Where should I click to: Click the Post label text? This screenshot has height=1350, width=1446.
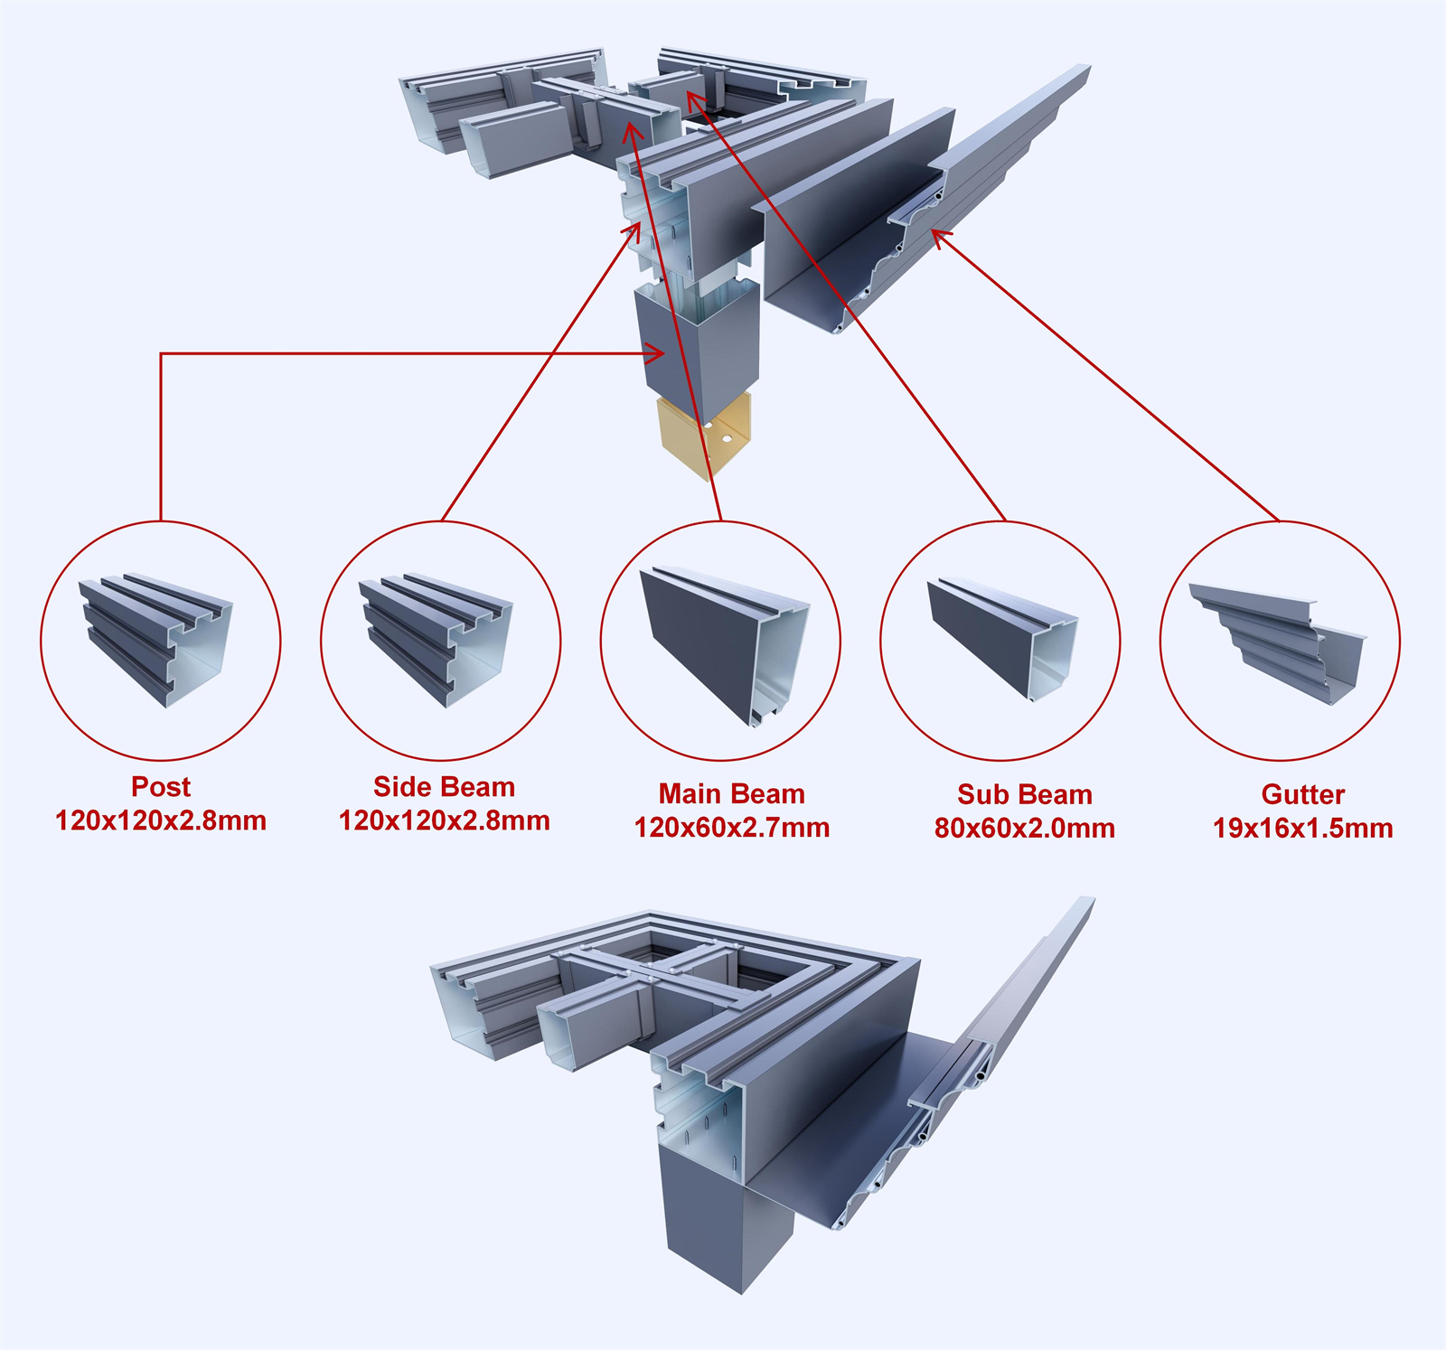tap(161, 787)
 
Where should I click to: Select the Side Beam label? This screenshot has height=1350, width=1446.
tap(444, 787)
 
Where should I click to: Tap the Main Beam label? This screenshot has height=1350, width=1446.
tap(731, 794)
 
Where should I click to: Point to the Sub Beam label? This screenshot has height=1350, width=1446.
tap(1024, 795)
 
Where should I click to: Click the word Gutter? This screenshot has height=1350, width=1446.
tap(1302, 795)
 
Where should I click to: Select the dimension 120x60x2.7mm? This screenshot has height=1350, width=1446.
tap(731, 828)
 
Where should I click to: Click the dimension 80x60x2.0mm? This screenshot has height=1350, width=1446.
tap(1024, 829)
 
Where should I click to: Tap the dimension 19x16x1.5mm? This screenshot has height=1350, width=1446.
tap(1302, 829)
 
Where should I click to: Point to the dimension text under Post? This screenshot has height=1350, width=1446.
tap(161, 821)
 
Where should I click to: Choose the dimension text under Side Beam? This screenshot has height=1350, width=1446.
tap(444, 821)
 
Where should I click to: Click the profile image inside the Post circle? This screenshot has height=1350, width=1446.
tap(155, 637)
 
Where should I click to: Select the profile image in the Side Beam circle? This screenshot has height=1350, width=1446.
tap(436, 637)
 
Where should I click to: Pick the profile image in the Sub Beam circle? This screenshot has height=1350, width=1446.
tap(1001, 637)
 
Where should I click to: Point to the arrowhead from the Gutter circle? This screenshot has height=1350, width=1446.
tap(940, 238)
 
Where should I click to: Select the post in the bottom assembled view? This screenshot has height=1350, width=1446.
tap(723, 1220)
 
